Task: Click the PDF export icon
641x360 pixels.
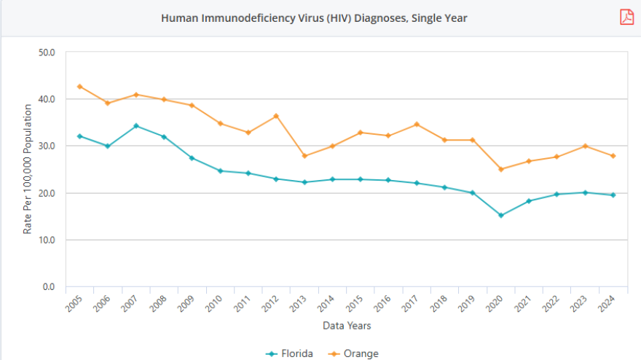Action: [x=626, y=17]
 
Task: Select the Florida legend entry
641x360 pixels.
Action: [x=289, y=353]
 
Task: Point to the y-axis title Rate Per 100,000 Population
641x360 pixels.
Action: [x=28, y=168]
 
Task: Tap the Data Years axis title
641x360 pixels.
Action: [x=347, y=325]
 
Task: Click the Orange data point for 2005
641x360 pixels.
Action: [x=79, y=87]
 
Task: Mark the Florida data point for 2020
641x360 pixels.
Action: [x=500, y=215]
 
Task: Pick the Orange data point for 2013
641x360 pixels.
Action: [x=304, y=156]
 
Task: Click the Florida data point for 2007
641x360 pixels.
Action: [x=135, y=126]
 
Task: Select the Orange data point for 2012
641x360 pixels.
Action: [x=276, y=116]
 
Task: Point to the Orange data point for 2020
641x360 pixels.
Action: [x=500, y=169]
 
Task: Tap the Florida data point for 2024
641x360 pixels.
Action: [x=613, y=195]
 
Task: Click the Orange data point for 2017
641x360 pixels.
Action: [x=416, y=125]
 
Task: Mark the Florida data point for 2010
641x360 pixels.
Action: [x=220, y=171]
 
